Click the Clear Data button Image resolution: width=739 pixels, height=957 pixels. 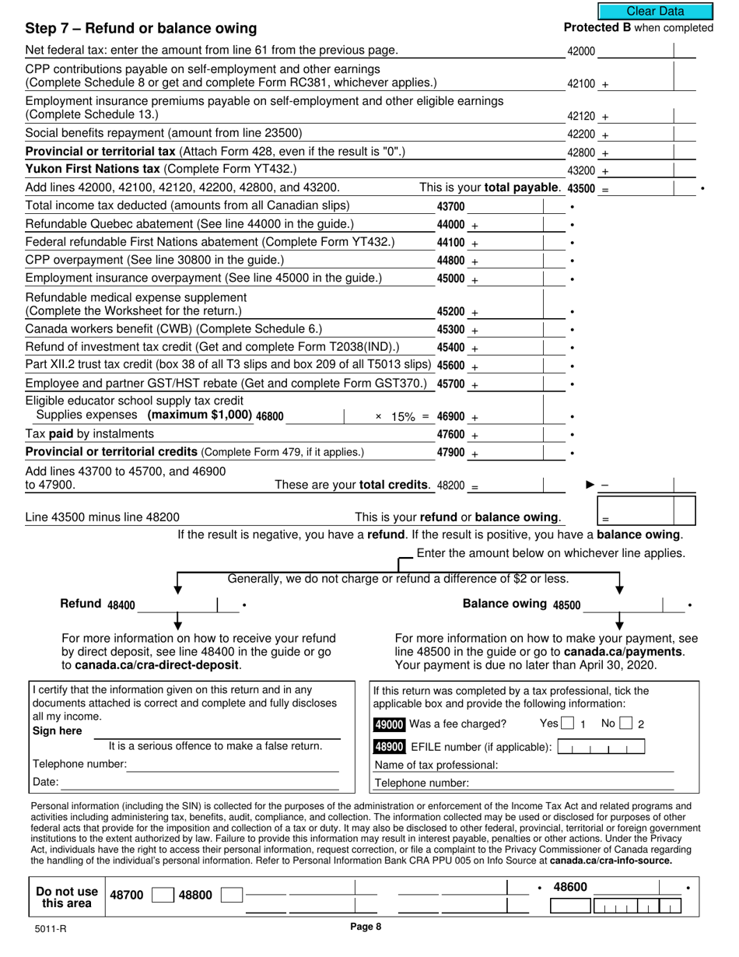tap(655, 11)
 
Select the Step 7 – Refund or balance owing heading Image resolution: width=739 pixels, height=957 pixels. tap(141, 29)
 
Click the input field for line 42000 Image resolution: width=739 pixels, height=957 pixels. tap(634, 51)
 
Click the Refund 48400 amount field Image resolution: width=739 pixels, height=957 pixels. tap(176, 605)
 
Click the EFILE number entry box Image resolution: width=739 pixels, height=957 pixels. tap(601, 748)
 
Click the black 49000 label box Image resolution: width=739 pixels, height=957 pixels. tap(389, 724)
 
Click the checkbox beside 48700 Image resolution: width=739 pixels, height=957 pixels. tap(161, 896)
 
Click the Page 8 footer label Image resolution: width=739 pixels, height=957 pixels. tap(366, 926)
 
